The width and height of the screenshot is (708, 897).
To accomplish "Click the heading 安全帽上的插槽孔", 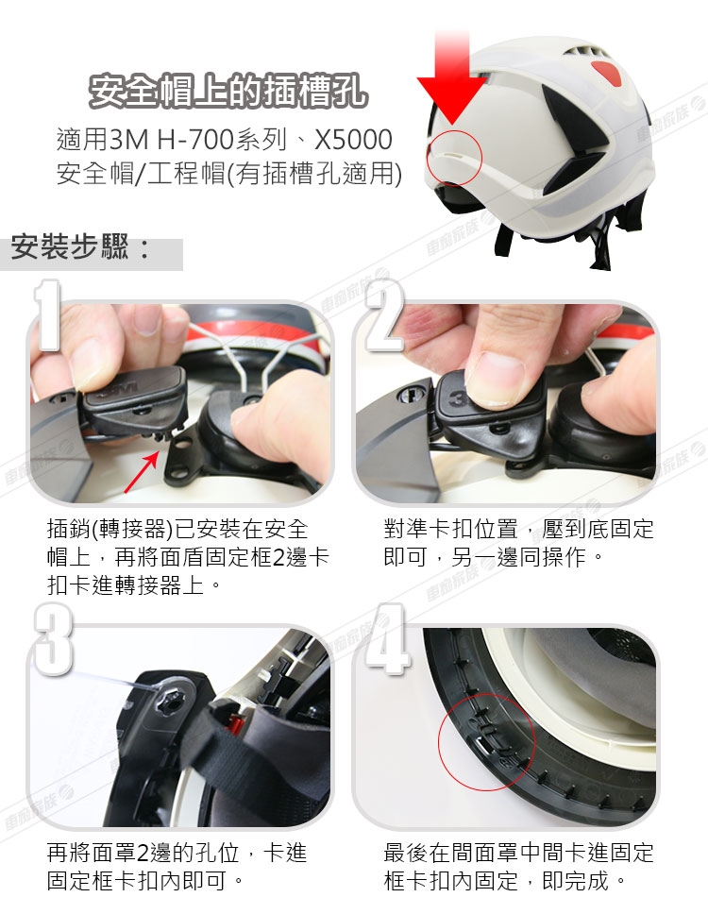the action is coord(228,91).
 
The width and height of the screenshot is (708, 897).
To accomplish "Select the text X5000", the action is coord(353,140).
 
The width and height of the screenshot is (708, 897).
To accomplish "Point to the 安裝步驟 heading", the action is coord(80,247).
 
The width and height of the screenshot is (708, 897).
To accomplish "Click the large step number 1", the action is coord(47,314).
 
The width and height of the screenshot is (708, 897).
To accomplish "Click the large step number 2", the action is coord(384,315).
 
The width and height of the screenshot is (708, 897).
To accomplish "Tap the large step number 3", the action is coord(53,638).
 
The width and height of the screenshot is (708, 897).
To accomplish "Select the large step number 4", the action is coord(388,638).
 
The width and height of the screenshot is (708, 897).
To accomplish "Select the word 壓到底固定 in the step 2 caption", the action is coord(598,529).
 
